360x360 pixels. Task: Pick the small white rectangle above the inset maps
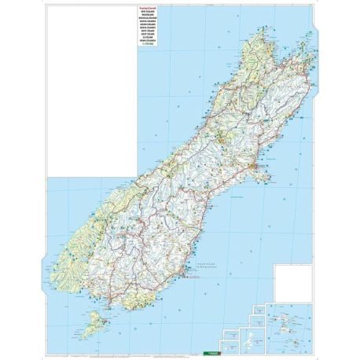click(x=292, y=283)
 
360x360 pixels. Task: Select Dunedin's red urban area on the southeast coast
click(x=183, y=274)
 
